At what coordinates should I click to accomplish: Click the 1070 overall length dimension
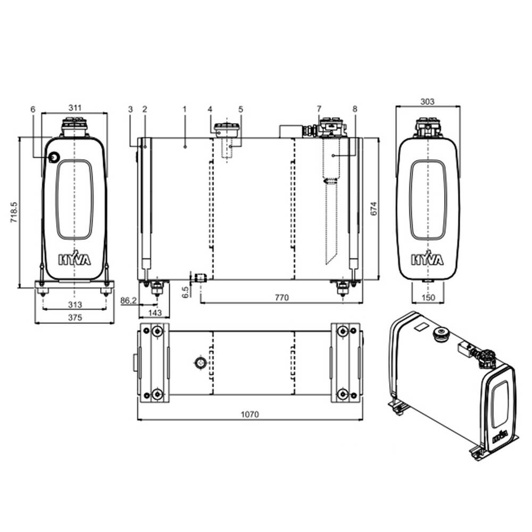coord(250,414)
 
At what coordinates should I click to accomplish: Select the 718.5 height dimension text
coord(14,212)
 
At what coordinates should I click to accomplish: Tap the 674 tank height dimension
coord(373,209)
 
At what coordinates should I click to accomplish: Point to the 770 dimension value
coord(281,297)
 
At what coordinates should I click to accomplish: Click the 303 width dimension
coord(427,102)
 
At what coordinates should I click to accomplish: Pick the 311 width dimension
coord(75,107)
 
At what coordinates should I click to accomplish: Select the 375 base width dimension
coord(75,317)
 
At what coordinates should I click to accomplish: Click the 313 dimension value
coord(75,305)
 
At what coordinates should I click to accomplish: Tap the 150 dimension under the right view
coord(428,297)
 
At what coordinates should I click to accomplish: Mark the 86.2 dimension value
coord(129,301)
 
